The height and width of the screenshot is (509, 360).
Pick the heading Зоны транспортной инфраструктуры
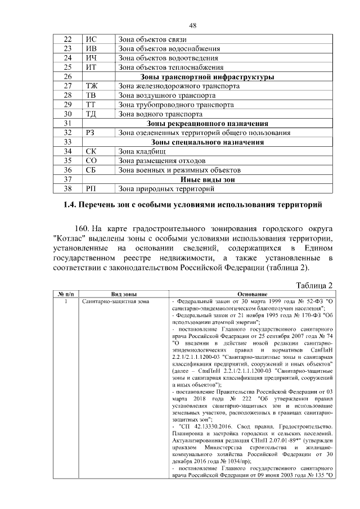click(206, 76)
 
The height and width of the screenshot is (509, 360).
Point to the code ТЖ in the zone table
click(92, 86)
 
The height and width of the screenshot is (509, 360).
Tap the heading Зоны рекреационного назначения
click(206, 123)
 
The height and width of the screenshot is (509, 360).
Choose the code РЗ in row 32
click(91, 133)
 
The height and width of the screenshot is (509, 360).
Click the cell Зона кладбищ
click(139, 151)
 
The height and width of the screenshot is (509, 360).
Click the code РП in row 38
click(91, 188)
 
